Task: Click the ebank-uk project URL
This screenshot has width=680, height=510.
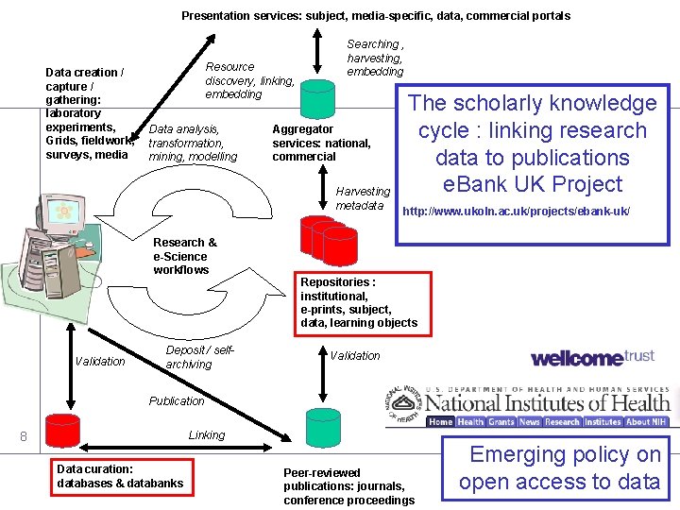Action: [x=516, y=211]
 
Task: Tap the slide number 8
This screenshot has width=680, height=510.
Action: [x=24, y=436]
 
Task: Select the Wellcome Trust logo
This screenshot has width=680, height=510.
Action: [x=592, y=357]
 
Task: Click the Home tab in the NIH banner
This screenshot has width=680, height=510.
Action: [x=441, y=422]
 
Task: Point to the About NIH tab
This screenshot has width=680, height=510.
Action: [x=646, y=422]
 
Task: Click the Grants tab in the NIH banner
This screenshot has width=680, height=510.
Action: [x=501, y=422]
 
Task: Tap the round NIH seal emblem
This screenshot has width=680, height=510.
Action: [x=405, y=404]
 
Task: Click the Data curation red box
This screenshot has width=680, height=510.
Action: [x=121, y=476]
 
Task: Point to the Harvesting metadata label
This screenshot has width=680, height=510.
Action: [x=363, y=198]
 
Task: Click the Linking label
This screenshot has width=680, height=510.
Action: [x=207, y=435]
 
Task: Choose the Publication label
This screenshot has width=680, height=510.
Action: [x=177, y=401]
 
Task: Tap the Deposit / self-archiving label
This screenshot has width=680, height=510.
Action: [x=199, y=357]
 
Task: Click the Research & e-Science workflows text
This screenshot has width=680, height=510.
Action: [x=184, y=256]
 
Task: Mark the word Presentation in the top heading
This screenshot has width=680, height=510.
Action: [x=214, y=15]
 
